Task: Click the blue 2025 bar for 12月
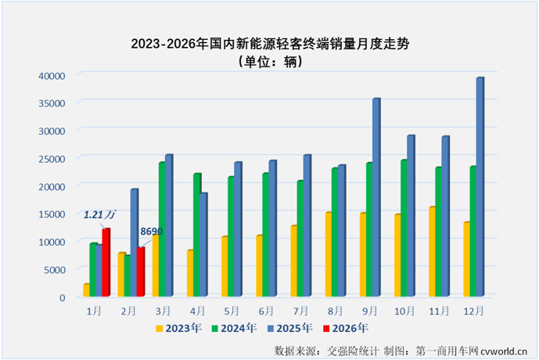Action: pos(480,188)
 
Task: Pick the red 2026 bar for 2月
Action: pos(141,272)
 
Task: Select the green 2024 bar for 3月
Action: pos(161,230)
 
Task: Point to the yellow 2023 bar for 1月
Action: pos(87,290)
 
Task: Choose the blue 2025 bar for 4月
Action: pos(203,245)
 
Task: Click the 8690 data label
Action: pos(151,232)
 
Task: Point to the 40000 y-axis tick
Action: pos(49,76)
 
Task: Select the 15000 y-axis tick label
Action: pos(49,214)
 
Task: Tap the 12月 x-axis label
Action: pos(473,311)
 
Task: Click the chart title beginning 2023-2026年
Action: pos(270,45)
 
